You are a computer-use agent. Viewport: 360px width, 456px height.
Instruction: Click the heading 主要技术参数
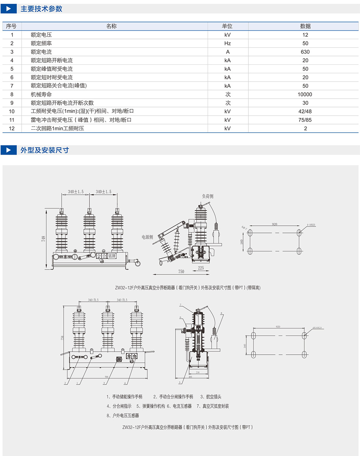pos(41,9)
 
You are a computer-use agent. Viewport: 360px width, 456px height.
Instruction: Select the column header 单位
pos(227,26)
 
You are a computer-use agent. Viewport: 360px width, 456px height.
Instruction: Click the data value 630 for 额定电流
pos(305,52)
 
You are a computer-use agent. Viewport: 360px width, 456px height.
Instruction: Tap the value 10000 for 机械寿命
pos(305,95)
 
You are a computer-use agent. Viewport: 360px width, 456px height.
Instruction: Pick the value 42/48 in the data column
pos(305,112)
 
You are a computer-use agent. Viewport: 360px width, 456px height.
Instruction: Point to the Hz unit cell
pos(227,43)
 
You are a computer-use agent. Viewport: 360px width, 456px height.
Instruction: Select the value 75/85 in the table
pos(305,120)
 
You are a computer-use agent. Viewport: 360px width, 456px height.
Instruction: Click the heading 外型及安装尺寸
pos(45,150)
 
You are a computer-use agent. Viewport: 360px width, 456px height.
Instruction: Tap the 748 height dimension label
pos(44,239)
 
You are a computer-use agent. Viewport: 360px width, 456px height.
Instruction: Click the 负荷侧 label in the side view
pos(207,196)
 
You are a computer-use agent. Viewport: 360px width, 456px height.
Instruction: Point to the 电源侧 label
pos(147,237)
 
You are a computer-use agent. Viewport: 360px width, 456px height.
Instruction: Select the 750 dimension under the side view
pos(181,271)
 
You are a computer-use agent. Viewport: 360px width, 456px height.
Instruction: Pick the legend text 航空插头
pos(214,397)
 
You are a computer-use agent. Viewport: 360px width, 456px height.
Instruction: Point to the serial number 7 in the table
pos(12,86)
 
